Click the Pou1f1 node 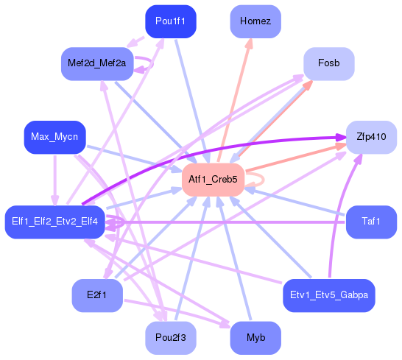[171, 21]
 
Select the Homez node [255, 21]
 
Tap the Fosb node [328, 64]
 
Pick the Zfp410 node [371, 137]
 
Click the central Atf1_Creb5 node [213, 180]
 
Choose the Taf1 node [371, 222]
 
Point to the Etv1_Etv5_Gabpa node [328, 295]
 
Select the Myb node [255, 338]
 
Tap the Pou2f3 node [171, 338]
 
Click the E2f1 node [96, 295]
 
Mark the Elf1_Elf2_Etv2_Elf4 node [55, 222]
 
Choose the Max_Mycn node [54, 137]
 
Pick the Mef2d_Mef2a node [96, 64]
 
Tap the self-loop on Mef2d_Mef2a [150, 64]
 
